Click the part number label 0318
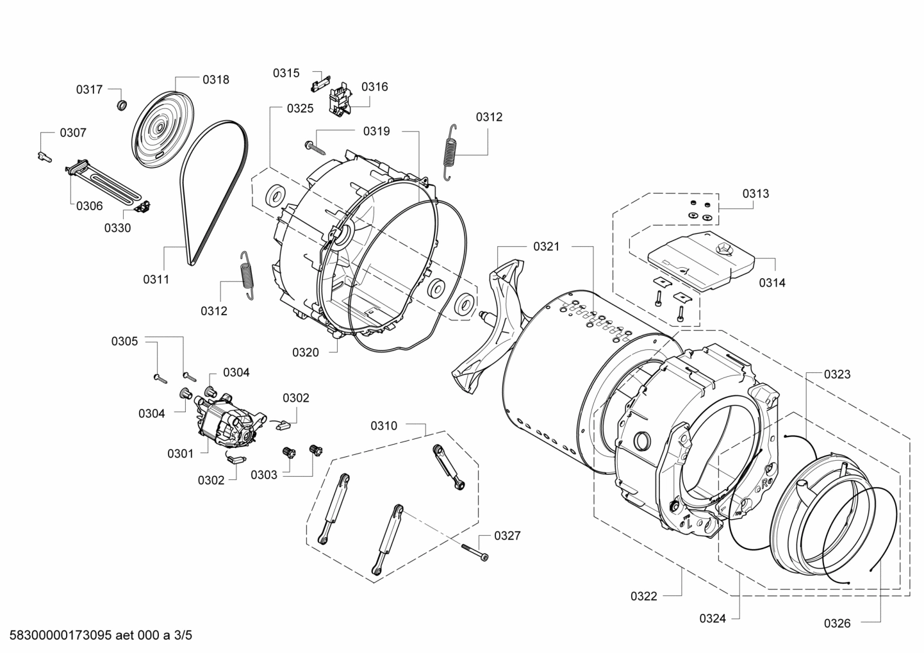(x=216, y=79)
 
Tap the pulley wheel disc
(x=158, y=127)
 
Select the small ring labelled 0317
(x=121, y=104)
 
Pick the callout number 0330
(x=117, y=227)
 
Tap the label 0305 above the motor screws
(x=124, y=342)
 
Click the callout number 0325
(x=300, y=108)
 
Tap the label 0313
(x=755, y=193)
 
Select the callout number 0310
(x=384, y=426)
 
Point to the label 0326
(x=837, y=622)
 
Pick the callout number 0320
(x=306, y=352)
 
